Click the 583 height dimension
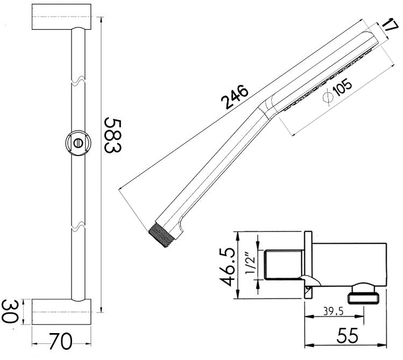pos(111,135)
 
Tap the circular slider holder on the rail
pos(78,144)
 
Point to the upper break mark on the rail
pos(78,81)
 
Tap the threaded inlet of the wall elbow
pos(280,265)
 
